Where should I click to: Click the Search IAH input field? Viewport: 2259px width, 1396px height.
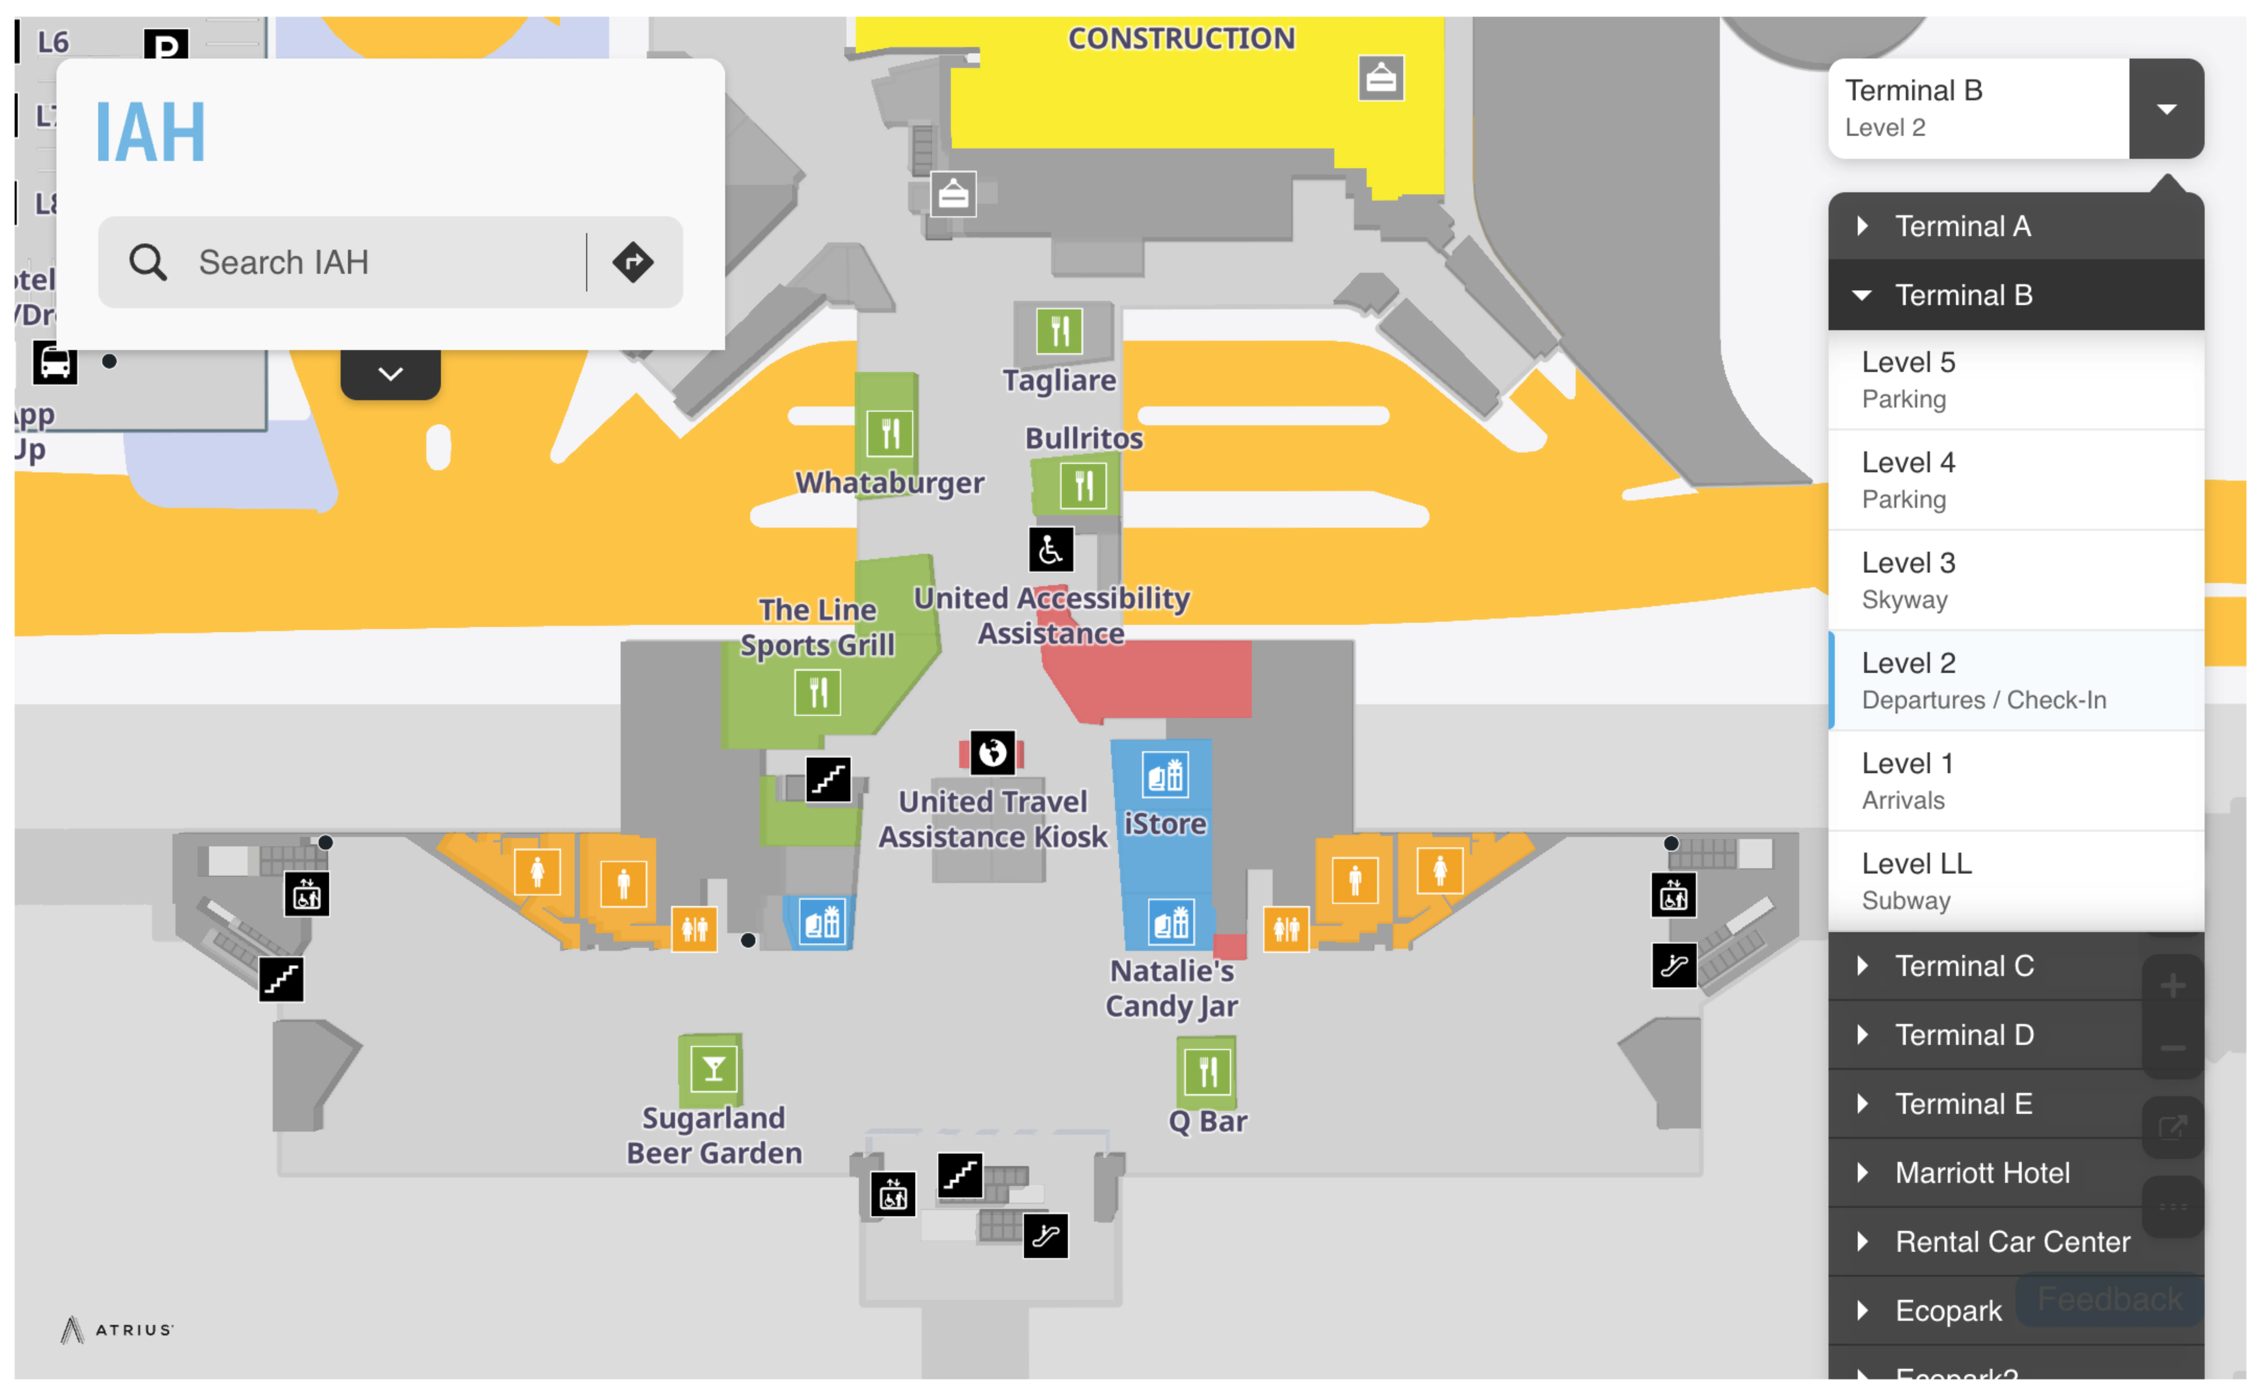[x=369, y=262]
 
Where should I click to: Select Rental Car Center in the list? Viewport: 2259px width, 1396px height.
[x=2013, y=1242]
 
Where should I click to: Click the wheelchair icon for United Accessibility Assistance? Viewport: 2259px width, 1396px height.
[x=1051, y=550]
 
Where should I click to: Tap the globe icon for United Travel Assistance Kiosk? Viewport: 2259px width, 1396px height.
[x=992, y=753]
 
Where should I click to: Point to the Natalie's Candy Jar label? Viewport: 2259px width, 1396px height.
[x=1172, y=988]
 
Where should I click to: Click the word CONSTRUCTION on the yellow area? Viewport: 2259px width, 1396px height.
[x=1181, y=39]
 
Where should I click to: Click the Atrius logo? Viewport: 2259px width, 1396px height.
[x=117, y=1329]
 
